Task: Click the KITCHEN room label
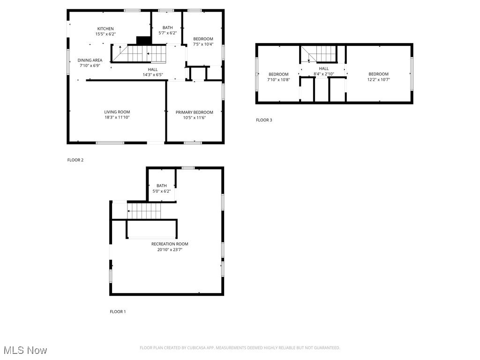coord(105,29)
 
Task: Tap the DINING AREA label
coord(90,60)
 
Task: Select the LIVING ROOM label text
coord(117,112)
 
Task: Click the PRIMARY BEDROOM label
coord(194,112)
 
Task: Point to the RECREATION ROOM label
coord(170,244)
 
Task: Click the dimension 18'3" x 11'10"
coord(117,118)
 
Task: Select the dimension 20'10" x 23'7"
coord(170,250)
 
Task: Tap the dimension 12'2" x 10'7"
coord(378,80)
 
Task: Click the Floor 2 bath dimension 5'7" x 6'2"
coord(167,33)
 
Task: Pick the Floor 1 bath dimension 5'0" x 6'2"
coord(161,191)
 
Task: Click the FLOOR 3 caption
coord(264,120)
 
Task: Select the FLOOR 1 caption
coord(118,312)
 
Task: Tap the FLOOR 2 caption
coord(75,160)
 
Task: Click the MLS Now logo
coord(25,350)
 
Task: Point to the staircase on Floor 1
coord(144,211)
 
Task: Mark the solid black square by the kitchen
coord(142,40)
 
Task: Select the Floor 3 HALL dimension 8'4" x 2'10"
coord(323,74)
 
